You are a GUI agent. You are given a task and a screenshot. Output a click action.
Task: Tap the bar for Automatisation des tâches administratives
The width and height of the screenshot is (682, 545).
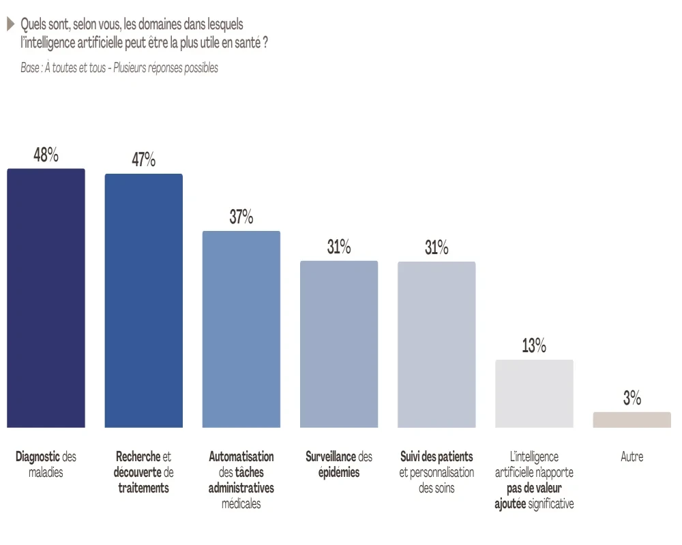coord(241,330)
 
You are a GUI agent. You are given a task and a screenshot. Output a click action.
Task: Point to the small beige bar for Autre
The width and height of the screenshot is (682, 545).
coord(632,420)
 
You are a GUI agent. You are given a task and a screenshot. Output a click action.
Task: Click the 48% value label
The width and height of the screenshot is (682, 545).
coord(46,155)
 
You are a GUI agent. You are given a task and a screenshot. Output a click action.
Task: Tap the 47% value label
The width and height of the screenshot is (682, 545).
coord(143,160)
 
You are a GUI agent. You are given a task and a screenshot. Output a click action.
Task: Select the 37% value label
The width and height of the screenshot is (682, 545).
coord(241,217)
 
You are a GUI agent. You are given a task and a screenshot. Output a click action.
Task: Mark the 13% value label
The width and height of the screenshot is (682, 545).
coord(534,346)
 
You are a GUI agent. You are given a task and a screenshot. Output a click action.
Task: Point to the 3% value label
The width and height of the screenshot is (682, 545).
coord(632,399)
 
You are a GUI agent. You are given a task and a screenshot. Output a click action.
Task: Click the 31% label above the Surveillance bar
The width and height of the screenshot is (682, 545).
coord(339,247)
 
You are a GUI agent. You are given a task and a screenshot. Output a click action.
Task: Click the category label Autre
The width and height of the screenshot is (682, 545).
coord(632,457)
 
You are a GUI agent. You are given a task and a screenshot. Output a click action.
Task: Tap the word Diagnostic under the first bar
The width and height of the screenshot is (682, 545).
coord(38,456)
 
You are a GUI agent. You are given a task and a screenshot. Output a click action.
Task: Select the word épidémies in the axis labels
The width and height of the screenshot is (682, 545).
coord(339,473)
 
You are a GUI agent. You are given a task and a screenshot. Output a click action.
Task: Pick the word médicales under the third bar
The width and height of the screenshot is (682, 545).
coord(241,504)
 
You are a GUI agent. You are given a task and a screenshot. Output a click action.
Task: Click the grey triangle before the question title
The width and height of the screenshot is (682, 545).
coord(10,25)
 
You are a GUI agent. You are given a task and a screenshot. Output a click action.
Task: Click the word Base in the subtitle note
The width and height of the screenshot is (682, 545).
coord(30,68)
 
